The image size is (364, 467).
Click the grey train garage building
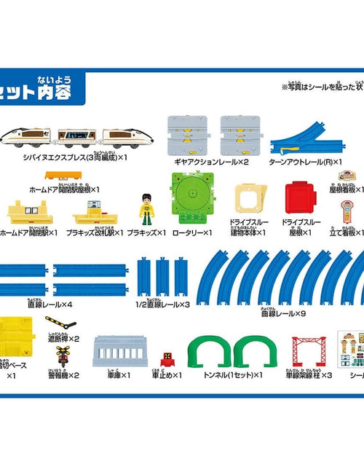tap(121, 352)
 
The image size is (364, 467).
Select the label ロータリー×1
tap(191, 232)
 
